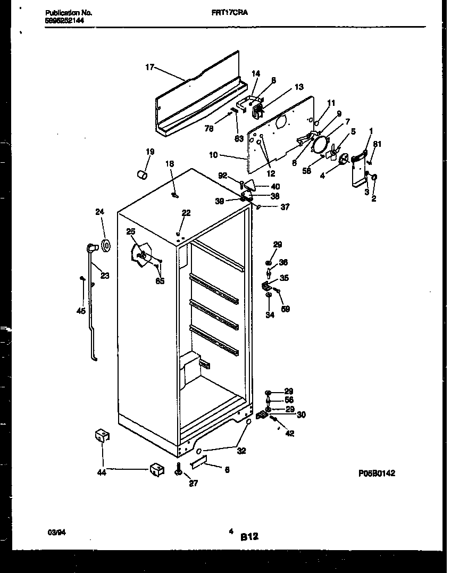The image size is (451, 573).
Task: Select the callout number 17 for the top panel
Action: [149, 67]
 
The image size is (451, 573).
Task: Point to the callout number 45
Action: [81, 311]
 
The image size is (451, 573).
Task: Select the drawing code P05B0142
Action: [375, 473]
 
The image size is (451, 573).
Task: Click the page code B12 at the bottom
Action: [249, 537]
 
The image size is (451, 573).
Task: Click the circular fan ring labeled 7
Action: [321, 143]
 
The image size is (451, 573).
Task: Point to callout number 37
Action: [285, 207]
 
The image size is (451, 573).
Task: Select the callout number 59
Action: [285, 309]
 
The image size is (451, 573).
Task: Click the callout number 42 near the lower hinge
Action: [289, 434]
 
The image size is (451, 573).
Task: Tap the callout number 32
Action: [241, 452]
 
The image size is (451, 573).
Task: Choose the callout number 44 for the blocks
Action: [102, 472]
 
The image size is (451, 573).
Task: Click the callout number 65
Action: [160, 281]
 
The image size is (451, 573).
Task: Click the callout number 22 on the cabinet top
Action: [186, 213]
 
